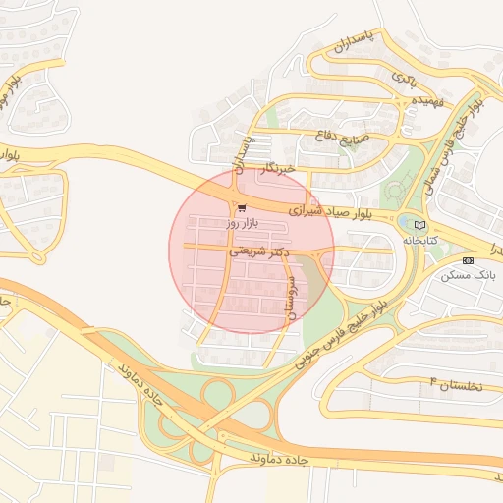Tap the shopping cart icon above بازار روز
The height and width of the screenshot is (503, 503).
pos(241,208)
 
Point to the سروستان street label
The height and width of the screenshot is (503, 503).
pos(289,294)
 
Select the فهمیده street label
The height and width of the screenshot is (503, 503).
pos(429,100)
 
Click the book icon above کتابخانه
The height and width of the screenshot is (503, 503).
pos(419,225)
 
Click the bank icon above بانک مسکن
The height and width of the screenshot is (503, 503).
pos(468,260)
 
